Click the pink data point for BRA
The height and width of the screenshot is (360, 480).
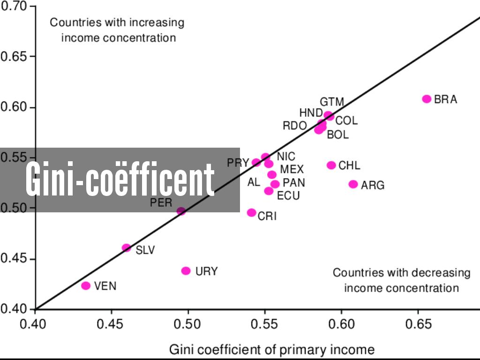tap(427, 99)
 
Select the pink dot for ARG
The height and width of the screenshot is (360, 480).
tap(353, 184)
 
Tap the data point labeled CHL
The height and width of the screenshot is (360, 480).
tap(331, 165)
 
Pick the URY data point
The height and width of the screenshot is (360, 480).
tap(186, 270)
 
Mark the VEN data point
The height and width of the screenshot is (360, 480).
tap(86, 285)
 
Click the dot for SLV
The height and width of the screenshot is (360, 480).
tap(126, 247)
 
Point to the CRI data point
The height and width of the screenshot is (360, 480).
tap(252, 213)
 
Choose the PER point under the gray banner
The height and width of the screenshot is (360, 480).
tap(181, 211)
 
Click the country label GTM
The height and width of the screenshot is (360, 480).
tap(332, 102)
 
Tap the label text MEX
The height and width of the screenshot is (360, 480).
tap(292, 169)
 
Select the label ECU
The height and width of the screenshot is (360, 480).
tap(288, 195)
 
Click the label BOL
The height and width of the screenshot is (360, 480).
tap(337, 135)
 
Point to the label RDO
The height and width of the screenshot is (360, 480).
tap(294, 126)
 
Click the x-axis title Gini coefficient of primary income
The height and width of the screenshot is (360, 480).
tap(272, 349)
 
